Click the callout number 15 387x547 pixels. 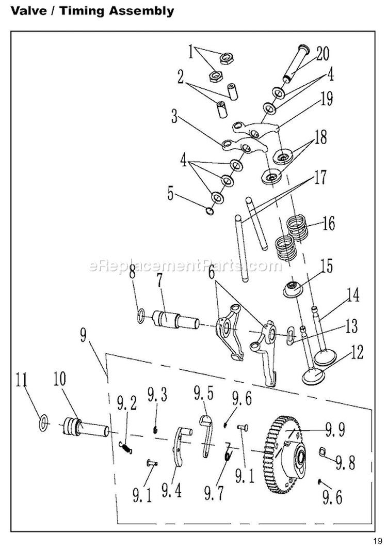click(x=326, y=267)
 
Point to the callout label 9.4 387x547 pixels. click(x=171, y=489)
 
